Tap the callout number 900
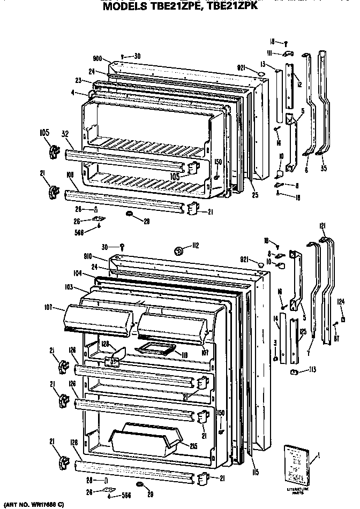[x=97, y=59]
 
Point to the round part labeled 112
[x=179, y=248]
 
